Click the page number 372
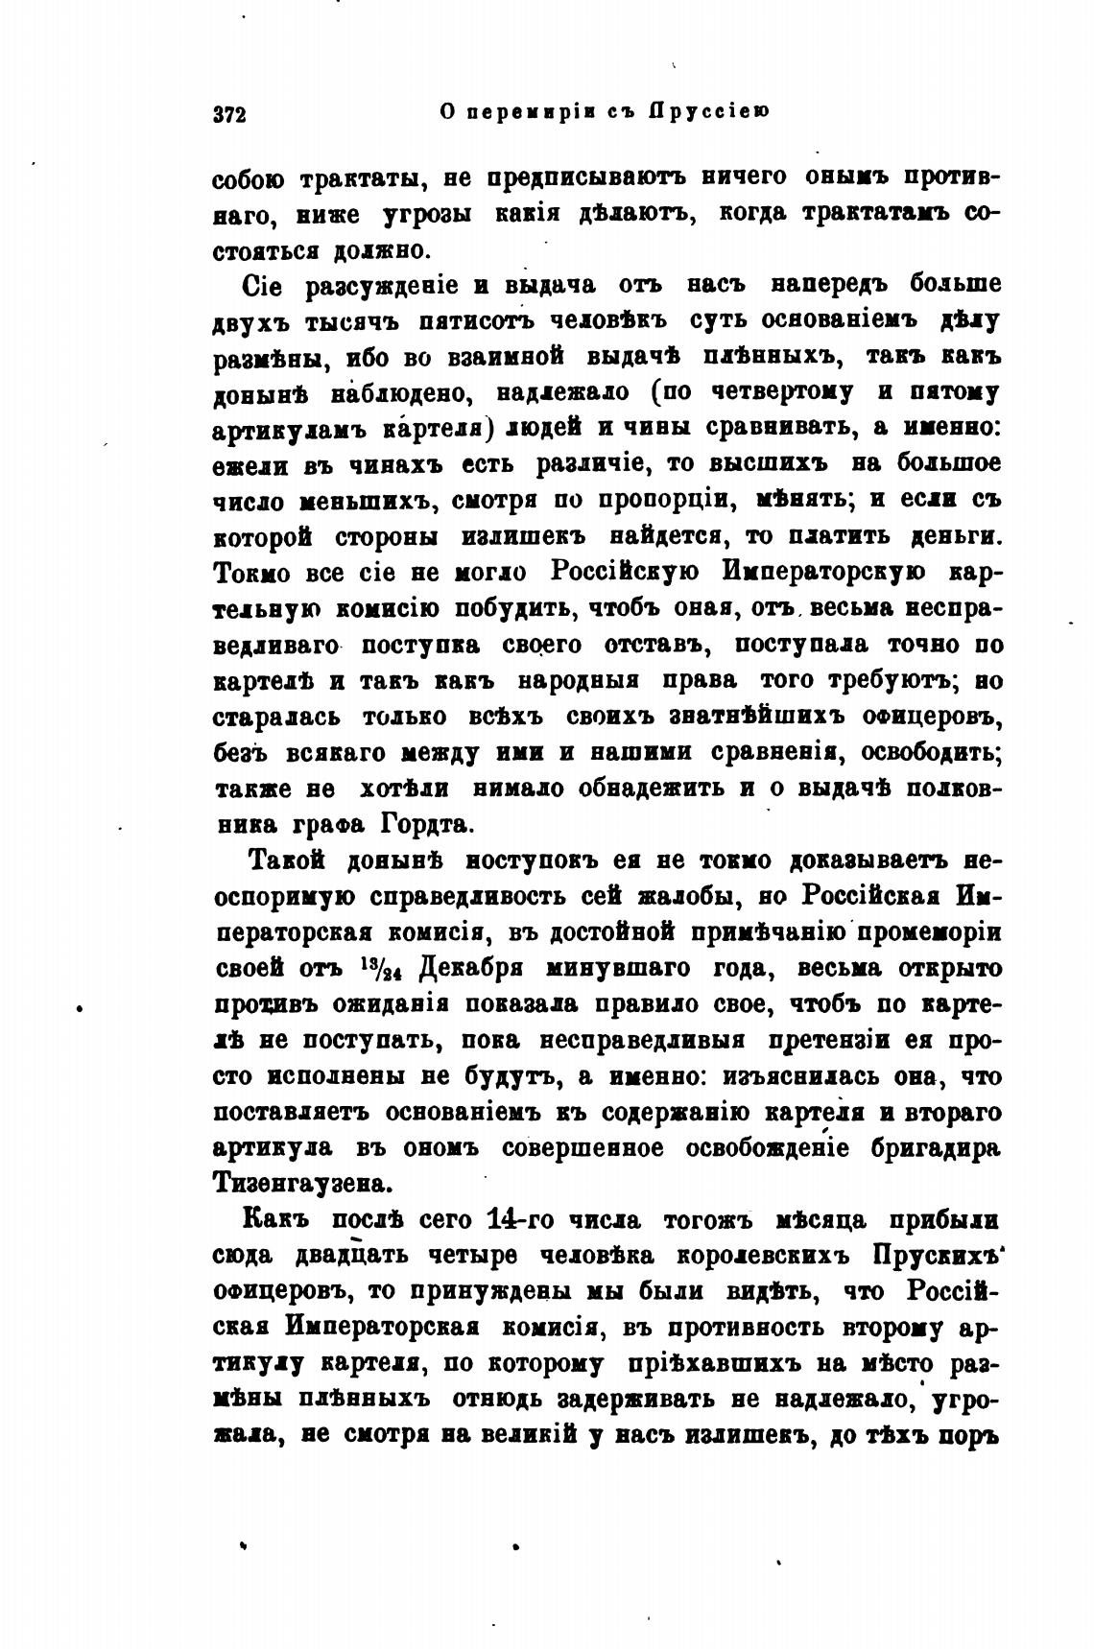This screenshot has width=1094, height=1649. click(x=230, y=113)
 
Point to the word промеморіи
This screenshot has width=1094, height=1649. click(x=928, y=932)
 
